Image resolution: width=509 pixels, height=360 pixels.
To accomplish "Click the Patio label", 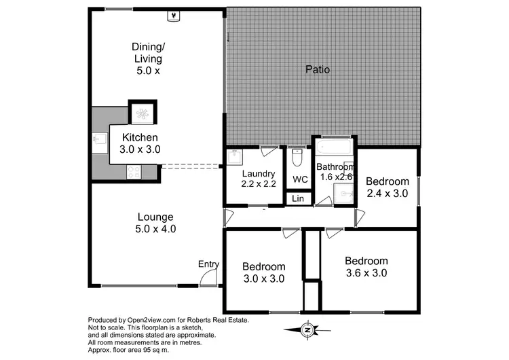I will coord(318,69).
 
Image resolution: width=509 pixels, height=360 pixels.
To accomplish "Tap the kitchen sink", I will coord(98,141).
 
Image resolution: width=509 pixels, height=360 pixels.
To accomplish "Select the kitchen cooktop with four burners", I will coord(132,172).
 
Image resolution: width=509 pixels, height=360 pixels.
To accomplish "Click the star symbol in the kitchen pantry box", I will coord(143,113).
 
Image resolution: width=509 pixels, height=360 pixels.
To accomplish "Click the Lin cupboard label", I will coord(297,198).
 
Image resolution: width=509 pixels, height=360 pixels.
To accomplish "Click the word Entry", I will coord(208,264).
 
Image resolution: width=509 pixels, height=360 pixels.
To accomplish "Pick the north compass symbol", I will coord(307,330).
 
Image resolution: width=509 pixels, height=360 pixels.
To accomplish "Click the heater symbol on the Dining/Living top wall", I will coord(174,15).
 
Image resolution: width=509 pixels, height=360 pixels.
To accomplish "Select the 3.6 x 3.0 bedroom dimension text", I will coord(366,274).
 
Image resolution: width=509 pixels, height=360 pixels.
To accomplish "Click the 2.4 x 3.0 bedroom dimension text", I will coord(387,194).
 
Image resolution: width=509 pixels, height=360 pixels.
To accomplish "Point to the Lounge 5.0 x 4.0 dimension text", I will coord(157,229).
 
